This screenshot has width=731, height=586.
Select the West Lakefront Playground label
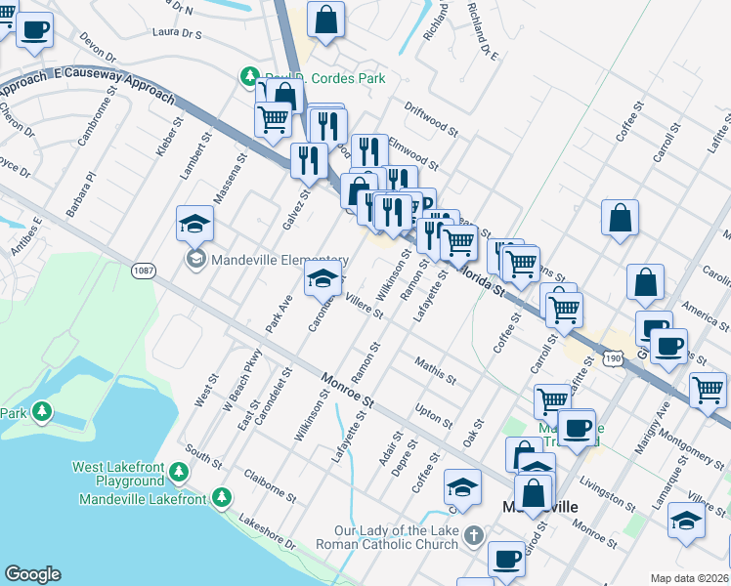pos(117,474)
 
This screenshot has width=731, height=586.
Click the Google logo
pos(32,574)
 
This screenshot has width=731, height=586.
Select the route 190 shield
pos(613,359)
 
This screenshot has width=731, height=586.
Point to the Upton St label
pos(434,415)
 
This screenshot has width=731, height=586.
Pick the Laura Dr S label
pos(177,33)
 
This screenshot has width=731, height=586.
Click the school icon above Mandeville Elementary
pos(194,226)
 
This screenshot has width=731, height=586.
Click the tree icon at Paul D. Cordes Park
pos(250,76)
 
